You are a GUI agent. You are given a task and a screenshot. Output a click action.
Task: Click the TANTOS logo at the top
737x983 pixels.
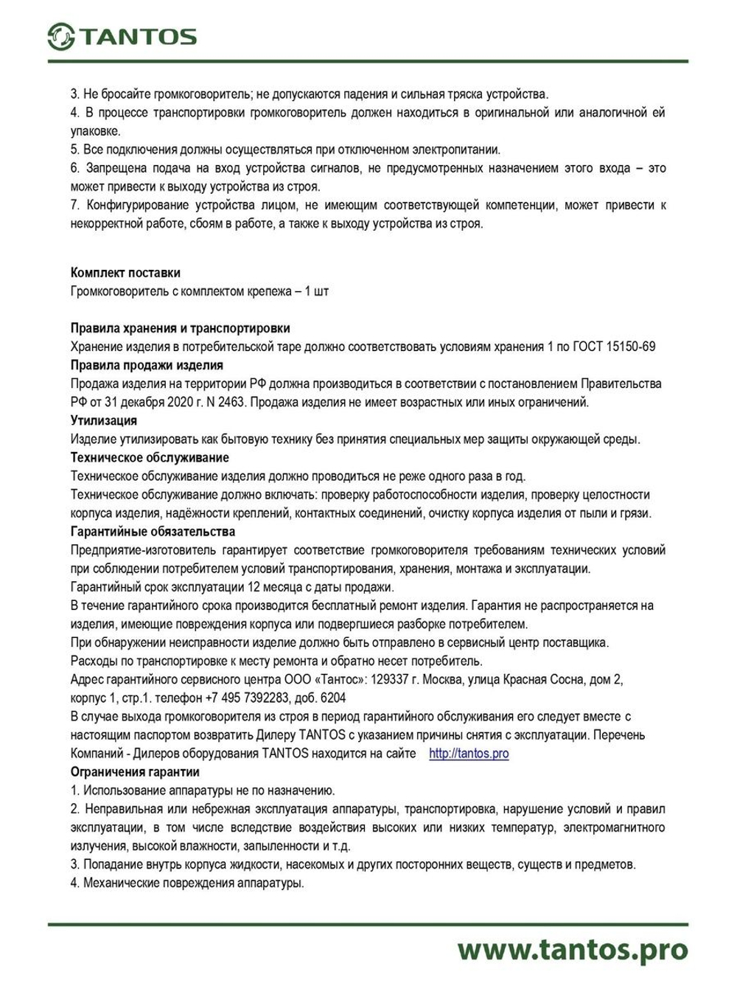122,36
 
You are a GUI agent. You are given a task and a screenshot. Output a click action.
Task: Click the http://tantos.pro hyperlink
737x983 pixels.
469,754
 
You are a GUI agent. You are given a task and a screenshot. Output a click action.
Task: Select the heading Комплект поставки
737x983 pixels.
125,273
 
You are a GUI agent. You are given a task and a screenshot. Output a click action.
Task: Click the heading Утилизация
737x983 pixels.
103,420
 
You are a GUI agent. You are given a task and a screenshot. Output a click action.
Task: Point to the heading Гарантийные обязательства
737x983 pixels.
153,532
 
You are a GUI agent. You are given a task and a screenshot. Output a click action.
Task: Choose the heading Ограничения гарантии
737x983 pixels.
135,772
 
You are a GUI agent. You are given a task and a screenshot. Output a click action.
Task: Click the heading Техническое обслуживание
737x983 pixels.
150,458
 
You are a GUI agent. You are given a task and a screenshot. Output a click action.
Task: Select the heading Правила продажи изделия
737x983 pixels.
147,365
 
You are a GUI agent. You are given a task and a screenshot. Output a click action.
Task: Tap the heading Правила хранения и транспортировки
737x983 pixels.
180,328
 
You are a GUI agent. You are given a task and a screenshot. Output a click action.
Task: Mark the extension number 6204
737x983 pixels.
332,698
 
